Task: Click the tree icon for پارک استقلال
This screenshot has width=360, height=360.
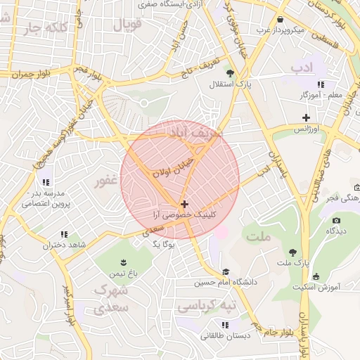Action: coord(229,72)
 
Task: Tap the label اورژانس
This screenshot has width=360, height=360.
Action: coord(306,130)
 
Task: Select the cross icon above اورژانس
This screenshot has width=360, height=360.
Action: coord(306,117)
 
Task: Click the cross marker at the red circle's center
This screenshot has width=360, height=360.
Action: coord(184,204)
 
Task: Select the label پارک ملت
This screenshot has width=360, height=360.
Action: coord(292,263)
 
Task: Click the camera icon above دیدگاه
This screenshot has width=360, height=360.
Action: coord(330,219)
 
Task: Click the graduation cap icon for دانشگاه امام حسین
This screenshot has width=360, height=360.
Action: coord(225,272)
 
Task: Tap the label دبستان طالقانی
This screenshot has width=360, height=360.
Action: coord(225,336)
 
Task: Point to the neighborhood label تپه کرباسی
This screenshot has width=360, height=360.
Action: coord(200,307)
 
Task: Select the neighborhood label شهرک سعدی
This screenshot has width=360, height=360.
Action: coord(110,298)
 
